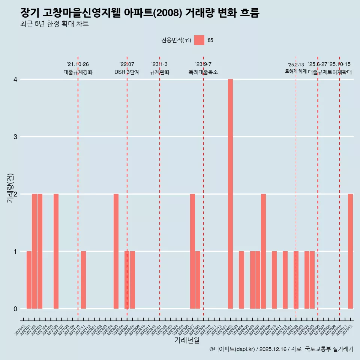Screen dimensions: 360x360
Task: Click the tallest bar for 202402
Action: [230, 194]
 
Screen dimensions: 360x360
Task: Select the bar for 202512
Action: [350, 251]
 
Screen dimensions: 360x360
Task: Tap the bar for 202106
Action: [56, 251]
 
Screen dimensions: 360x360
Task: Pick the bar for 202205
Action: [116, 251]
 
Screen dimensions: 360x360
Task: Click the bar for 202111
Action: [83, 280]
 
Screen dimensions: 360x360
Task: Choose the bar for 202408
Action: [263, 251]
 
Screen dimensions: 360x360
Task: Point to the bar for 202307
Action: [192, 251]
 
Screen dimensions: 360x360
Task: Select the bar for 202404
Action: [241, 280]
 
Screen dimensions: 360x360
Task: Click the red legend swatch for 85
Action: [199, 40]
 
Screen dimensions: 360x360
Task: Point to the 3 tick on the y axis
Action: [15, 137]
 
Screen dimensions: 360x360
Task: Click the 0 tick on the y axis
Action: [15, 309]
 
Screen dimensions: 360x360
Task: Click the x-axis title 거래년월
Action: [187, 340]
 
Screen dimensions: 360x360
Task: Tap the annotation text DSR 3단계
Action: [127, 72]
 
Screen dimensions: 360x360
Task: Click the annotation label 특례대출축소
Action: [203, 72]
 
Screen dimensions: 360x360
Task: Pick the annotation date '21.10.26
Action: [78, 64]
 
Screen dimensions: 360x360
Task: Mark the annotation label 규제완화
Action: [159, 72]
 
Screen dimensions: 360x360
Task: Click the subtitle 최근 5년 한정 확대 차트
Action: [55, 24]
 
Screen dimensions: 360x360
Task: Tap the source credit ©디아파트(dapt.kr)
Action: [232, 349]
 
